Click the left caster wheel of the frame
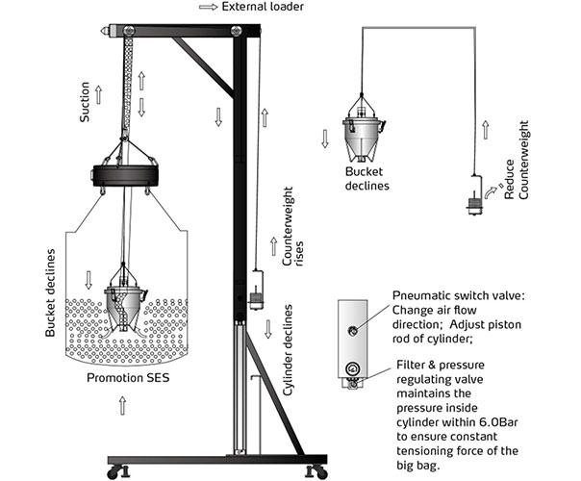click(116, 471)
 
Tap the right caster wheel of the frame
click(312, 471)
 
